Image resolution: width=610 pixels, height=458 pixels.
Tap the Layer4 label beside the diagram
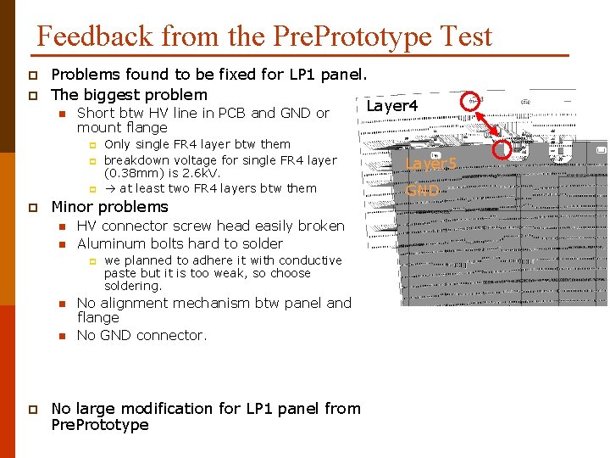pyautogui.click(x=392, y=105)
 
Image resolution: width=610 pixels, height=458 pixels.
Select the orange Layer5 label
pyautogui.click(x=431, y=164)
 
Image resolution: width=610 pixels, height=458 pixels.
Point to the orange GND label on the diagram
pyautogui.click(x=423, y=191)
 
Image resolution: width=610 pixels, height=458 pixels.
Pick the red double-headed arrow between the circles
pyautogui.click(x=488, y=126)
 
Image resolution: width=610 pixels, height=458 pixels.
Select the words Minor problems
pyautogui.click(x=110, y=207)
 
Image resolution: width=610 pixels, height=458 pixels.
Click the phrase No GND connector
pyautogui.click(x=141, y=335)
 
